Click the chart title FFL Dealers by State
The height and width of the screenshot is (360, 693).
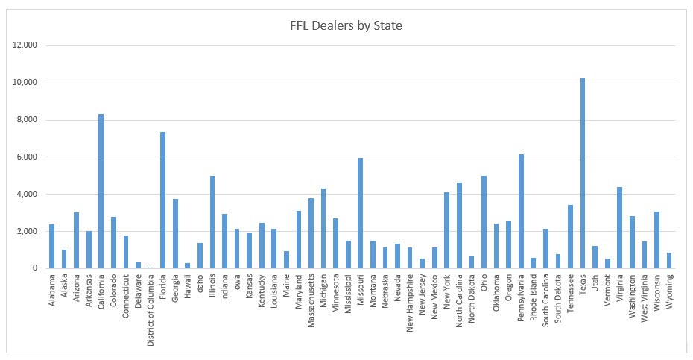point(346,25)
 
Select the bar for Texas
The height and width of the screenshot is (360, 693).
point(583,173)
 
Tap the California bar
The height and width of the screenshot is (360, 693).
point(101,191)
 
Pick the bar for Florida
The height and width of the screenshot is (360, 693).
point(162,200)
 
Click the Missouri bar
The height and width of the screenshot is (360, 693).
point(360,213)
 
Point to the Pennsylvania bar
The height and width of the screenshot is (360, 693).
point(521,212)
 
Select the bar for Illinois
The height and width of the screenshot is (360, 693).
point(212,222)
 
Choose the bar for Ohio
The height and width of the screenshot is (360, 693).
point(484,222)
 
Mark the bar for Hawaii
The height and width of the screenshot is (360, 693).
point(187,266)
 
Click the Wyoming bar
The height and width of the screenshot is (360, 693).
point(669,260)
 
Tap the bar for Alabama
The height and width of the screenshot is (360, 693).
point(51,247)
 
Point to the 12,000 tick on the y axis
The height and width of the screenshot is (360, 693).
point(26,45)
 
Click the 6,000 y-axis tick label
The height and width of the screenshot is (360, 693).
point(28,157)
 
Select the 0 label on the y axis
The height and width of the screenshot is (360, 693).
point(35,268)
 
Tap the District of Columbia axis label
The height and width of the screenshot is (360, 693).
point(151,310)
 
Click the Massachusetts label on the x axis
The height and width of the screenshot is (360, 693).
point(311,300)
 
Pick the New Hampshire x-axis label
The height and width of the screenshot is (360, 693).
point(410,303)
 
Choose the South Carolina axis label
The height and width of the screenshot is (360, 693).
point(545,300)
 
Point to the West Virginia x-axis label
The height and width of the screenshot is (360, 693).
point(645,298)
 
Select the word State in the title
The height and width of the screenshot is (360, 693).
point(388,25)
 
